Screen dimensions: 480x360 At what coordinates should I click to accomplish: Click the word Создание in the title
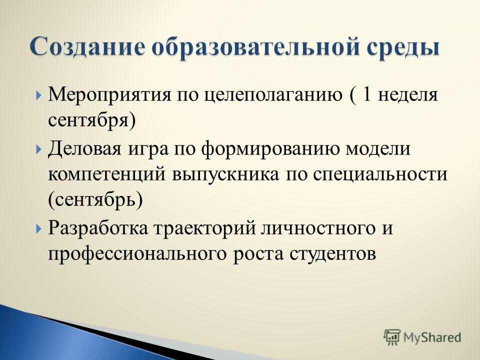87,46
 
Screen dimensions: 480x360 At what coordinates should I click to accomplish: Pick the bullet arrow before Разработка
38,228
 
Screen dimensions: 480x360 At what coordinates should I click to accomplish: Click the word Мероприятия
109,95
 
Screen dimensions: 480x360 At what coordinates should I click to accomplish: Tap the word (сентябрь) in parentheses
95,200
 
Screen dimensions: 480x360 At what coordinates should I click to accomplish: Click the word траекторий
204,228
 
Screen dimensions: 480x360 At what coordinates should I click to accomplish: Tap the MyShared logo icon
392,337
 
